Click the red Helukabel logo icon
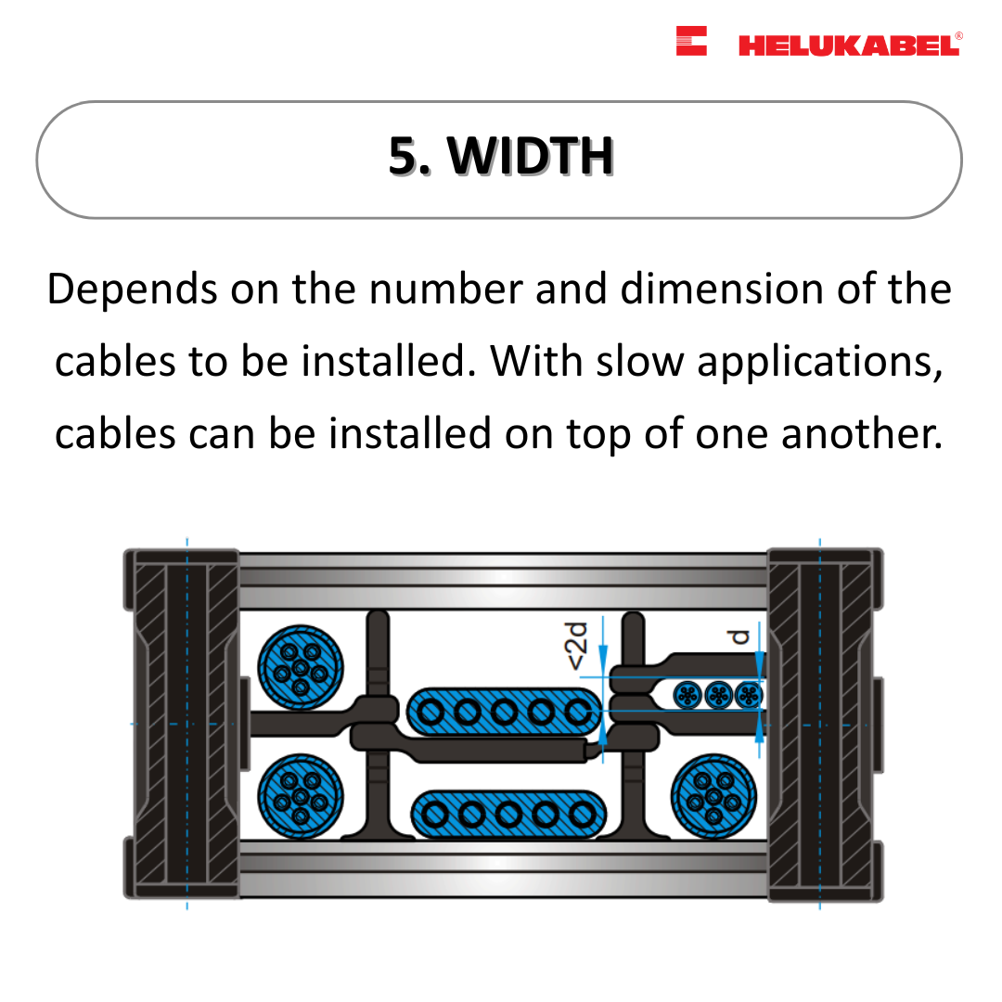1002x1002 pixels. coord(691,41)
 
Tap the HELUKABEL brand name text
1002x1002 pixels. coord(850,45)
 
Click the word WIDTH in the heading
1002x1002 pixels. coord(531,156)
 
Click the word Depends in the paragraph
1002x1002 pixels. coord(133,289)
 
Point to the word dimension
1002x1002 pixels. coord(722,289)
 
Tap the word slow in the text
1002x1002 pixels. coord(639,362)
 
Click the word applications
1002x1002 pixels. coord(820,363)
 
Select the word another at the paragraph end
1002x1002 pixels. coord(862,434)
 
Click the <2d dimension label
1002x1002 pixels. coord(575,646)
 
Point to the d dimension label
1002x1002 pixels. coord(739,637)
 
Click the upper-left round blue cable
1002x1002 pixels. coord(301,667)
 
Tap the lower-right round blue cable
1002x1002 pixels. coord(713,796)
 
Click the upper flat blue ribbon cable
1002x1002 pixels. coord(504,712)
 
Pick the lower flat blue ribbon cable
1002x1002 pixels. coord(508,815)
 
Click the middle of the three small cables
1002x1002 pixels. coord(719,695)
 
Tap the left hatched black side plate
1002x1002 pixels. coord(182,724)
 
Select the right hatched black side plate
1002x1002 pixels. coord(826,724)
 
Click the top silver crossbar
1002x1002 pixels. coord(503,580)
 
